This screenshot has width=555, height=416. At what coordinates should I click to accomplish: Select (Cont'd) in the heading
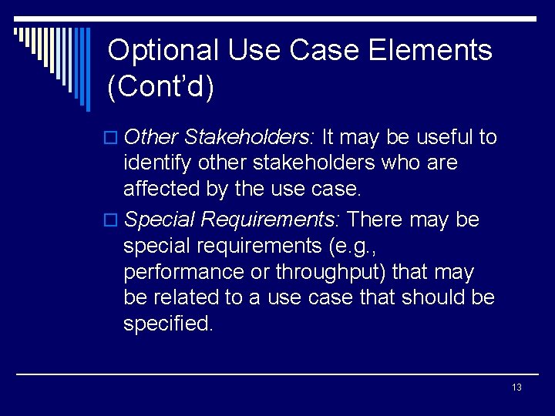pyautogui.click(x=160, y=87)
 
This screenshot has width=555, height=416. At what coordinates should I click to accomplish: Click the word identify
pyautogui.click(x=157, y=163)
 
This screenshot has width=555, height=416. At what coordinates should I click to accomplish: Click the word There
pyautogui.click(x=375, y=220)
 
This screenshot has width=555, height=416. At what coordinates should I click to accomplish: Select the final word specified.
pyautogui.click(x=167, y=324)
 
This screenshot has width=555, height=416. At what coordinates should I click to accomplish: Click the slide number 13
pyautogui.click(x=516, y=387)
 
